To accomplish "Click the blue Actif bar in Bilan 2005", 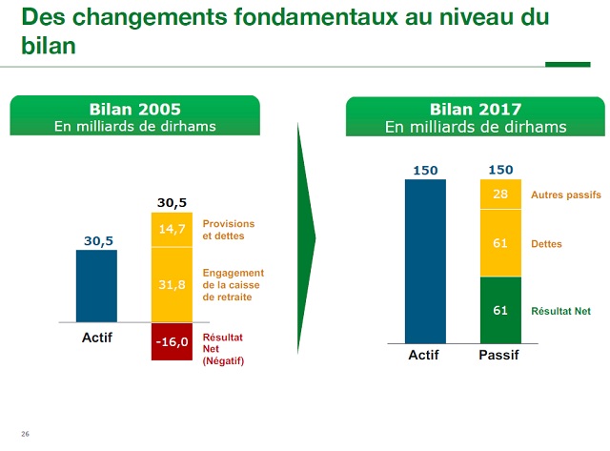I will coord(96,285).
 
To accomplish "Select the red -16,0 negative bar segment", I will coord(172,341).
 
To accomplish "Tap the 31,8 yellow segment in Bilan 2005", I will coord(172,285).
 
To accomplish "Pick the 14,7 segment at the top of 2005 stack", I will coord(172,229).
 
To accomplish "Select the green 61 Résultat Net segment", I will coord(500,310).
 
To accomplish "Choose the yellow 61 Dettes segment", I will coord(500,243).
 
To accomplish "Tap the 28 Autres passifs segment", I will coord(500,195).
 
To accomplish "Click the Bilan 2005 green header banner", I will coord(134,117).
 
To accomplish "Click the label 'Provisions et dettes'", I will coord(229,229).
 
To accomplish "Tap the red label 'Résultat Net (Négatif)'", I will coord(224,349).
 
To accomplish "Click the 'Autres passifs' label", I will coord(565,195).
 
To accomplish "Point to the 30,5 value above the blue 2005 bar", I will coord(96,241).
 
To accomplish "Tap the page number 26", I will coord(26,435).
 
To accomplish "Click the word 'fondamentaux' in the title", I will coord(302,18).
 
